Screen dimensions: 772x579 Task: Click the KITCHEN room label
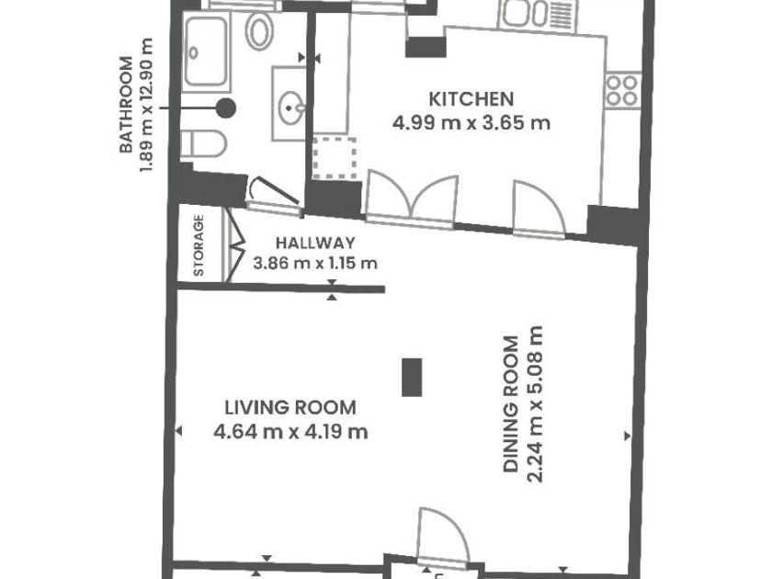[471, 99]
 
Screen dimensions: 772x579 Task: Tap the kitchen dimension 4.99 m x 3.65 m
[471, 122]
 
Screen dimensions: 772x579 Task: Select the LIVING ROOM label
[290, 408]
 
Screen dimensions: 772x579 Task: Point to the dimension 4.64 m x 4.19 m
[290, 432]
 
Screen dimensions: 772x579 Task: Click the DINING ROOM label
[511, 404]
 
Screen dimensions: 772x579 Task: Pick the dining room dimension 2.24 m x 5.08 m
[535, 404]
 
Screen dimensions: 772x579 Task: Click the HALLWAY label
[315, 243]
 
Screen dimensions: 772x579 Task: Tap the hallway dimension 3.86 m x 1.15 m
[315, 264]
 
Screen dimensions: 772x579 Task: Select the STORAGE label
[199, 245]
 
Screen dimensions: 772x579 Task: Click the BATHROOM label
[126, 105]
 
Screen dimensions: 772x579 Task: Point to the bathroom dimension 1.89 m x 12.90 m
[147, 105]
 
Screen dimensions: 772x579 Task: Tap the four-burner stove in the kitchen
[623, 91]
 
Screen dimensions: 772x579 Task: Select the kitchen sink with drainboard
[538, 14]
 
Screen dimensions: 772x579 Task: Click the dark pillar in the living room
[412, 377]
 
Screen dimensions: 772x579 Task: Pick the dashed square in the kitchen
[335, 158]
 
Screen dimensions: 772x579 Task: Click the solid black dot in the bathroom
[225, 108]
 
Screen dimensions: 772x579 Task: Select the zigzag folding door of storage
[235, 245]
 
